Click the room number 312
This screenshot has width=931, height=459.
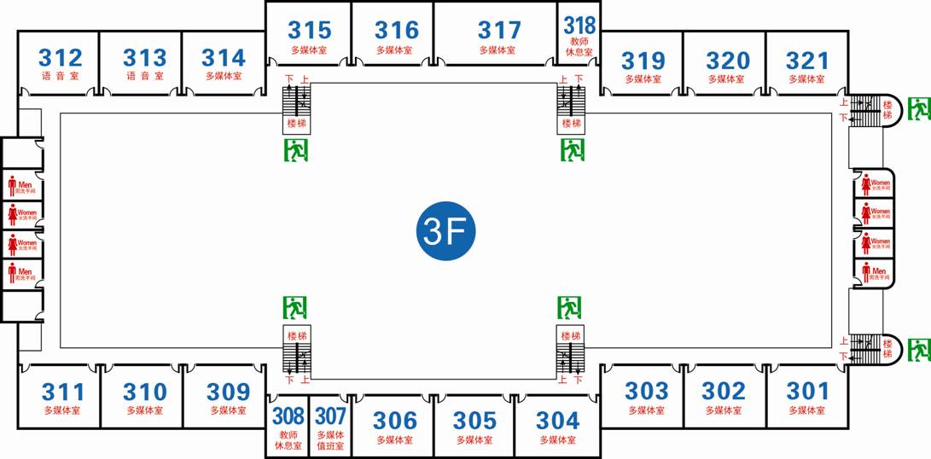[x=61, y=58]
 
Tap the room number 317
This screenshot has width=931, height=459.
[x=499, y=31]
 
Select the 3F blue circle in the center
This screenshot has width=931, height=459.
[x=445, y=230]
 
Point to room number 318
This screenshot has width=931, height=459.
[x=579, y=26]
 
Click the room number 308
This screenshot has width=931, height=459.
[x=288, y=416]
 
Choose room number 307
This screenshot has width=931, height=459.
[x=330, y=416]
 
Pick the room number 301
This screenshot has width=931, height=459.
[x=807, y=391]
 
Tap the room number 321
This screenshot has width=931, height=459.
[x=807, y=61]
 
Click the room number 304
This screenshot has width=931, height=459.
[x=557, y=420]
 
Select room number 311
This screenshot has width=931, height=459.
[x=63, y=392]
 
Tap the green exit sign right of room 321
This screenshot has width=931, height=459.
[x=919, y=108]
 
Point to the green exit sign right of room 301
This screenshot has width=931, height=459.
[x=919, y=349]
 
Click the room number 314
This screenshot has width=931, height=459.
[x=224, y=58]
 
